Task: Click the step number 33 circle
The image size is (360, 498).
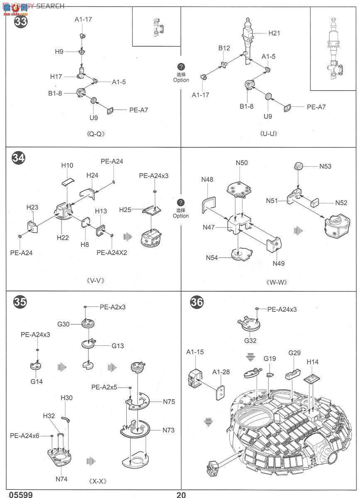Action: (20, 21)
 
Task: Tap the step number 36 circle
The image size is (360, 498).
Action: (197, 303)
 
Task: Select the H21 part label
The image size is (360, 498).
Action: (274, 33)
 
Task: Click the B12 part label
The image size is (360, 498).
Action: (224, 48)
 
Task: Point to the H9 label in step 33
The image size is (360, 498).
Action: (59, 51)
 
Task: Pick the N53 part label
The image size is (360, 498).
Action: (325, 166)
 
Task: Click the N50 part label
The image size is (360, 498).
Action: (242, 163)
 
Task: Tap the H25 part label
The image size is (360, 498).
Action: (125, 210)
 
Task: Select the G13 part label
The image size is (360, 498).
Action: (117, 345)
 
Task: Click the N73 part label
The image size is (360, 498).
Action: (169, 430)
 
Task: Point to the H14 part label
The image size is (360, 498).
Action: (313, 362)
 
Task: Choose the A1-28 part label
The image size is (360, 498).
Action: (221, 372)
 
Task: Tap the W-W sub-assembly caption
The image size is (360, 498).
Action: (277, 282)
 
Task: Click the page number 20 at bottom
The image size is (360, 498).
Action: (181, 495)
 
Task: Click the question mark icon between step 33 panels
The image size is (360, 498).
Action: (181, 67)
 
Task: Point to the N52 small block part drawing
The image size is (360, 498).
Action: (316, 203)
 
